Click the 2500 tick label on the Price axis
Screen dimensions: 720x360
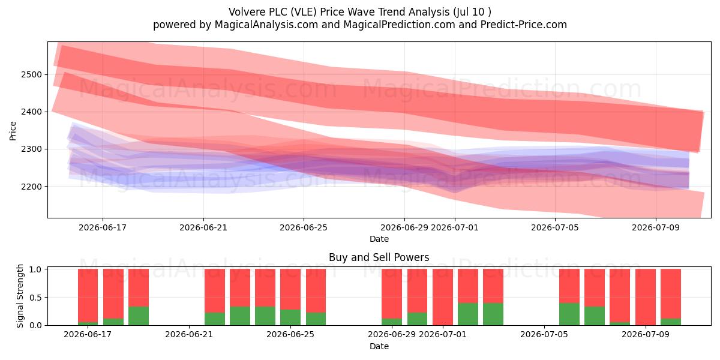coord(31,75)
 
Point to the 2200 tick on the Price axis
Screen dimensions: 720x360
coord(31,187)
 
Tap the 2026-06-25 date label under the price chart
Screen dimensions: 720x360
coord(304,227)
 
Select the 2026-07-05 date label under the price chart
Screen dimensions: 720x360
coord(555,227)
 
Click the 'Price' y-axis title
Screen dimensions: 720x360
coord(13,131)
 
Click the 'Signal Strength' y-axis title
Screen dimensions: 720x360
coord(20,296)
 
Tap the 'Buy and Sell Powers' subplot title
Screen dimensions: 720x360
coord(379,257)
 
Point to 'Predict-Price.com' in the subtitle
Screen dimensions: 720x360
coord(524,25)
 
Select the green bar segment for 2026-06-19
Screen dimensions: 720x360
coord(139,316)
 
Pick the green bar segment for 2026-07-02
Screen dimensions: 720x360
coord(468,314)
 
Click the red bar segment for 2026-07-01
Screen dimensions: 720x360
coord(443,297)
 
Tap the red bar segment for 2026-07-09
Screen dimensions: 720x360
coord(646,297)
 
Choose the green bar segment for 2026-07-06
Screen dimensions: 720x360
coord(569,314)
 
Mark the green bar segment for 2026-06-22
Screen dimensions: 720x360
coord(215,319)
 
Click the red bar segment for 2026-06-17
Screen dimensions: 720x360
coord(88,295)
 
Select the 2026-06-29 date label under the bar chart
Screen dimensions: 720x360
coord(392,335)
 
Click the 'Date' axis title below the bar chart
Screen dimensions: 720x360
coord(379,347)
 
